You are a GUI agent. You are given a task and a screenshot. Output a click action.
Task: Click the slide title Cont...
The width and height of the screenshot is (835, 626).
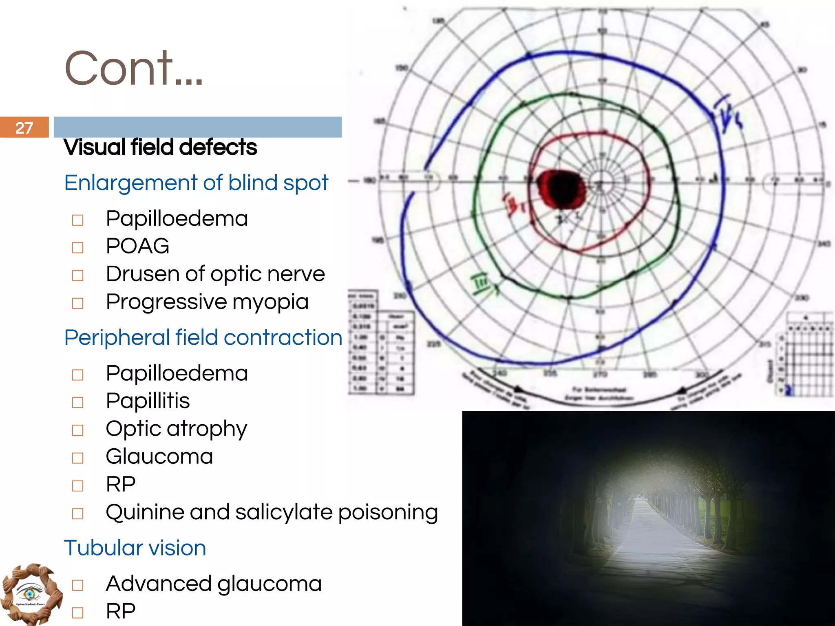pos(133,68)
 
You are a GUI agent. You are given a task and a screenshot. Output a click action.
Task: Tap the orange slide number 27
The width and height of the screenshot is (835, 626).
pos(24,128)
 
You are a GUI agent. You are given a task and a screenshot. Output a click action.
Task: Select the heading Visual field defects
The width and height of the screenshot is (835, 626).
pos(160,147)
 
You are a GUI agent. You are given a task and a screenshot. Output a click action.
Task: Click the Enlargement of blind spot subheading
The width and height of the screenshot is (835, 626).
pos(196,183)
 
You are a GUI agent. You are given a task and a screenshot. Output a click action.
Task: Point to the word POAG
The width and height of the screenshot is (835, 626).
pos(137,246)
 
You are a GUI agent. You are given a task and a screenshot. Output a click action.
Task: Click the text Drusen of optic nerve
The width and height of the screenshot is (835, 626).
pos(215,274)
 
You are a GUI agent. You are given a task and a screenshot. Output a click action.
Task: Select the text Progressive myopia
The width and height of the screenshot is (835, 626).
pos(207,302)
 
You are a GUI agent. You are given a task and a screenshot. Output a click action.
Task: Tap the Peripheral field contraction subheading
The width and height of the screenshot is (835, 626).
pos(203,337)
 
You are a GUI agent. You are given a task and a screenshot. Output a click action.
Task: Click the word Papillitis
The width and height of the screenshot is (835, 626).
pos(148,401)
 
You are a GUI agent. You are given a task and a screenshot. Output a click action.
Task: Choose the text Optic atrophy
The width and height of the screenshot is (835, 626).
pos(176,429)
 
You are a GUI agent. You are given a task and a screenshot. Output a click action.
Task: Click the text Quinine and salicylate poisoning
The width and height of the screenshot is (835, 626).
pos(272,512)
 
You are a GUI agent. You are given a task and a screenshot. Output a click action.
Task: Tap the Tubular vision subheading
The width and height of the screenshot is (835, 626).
pos(135,548)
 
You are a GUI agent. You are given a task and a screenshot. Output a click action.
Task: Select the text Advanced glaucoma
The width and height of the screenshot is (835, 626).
pos(214,584)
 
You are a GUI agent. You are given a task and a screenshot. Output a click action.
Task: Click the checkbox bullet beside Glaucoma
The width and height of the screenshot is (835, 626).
pos(77,458)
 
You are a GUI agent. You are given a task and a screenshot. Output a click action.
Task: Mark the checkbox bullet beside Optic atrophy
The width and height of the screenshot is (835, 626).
pos(77,430)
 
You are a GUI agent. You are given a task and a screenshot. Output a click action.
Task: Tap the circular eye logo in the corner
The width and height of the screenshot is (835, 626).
pos(31,594)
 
